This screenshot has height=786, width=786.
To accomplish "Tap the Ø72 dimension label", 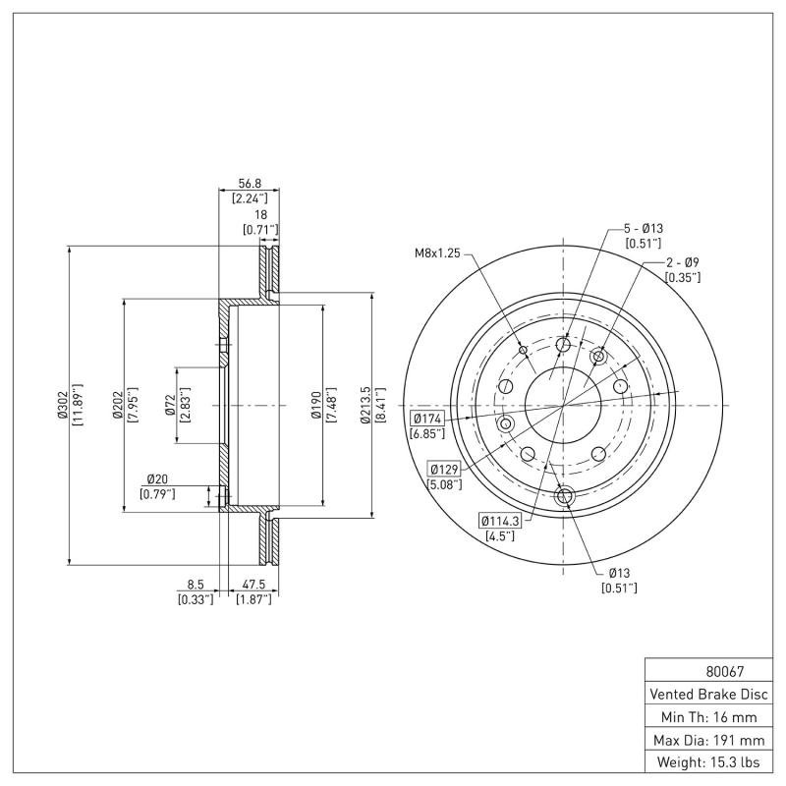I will point(171,405).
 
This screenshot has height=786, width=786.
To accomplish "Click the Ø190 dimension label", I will point(315,405).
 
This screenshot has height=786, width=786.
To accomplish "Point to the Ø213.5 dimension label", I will point(365,405).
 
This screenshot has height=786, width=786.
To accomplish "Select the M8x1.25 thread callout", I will point(436,253).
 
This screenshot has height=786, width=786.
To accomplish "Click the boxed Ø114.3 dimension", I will point(500,521).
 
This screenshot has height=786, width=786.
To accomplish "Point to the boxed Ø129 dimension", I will point(444,469).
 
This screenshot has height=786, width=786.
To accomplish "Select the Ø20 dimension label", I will point(157,478).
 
